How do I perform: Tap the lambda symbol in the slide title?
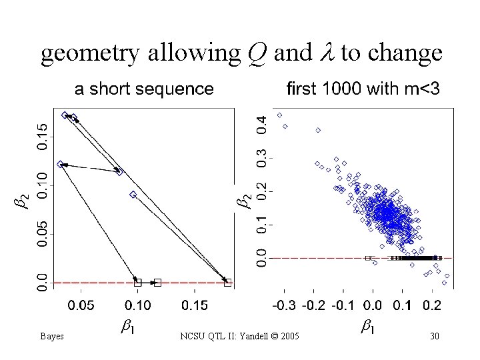tap(327, 53)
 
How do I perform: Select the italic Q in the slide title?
tap(256, 53)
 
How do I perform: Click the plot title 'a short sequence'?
tap(144, 89)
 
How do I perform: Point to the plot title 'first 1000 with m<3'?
tap(363, 89)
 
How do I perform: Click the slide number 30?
tap(434, 336)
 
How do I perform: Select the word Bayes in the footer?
tap(51, 336)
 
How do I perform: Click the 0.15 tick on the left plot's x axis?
tap(195, 305)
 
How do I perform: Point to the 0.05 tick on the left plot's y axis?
tap(42, 234)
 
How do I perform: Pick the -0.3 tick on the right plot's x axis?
tap(283, 305)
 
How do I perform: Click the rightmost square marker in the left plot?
tap(228, 283)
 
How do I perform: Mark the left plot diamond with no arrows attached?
tap(133, 195)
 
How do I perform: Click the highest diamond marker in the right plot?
tap(279, 115)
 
